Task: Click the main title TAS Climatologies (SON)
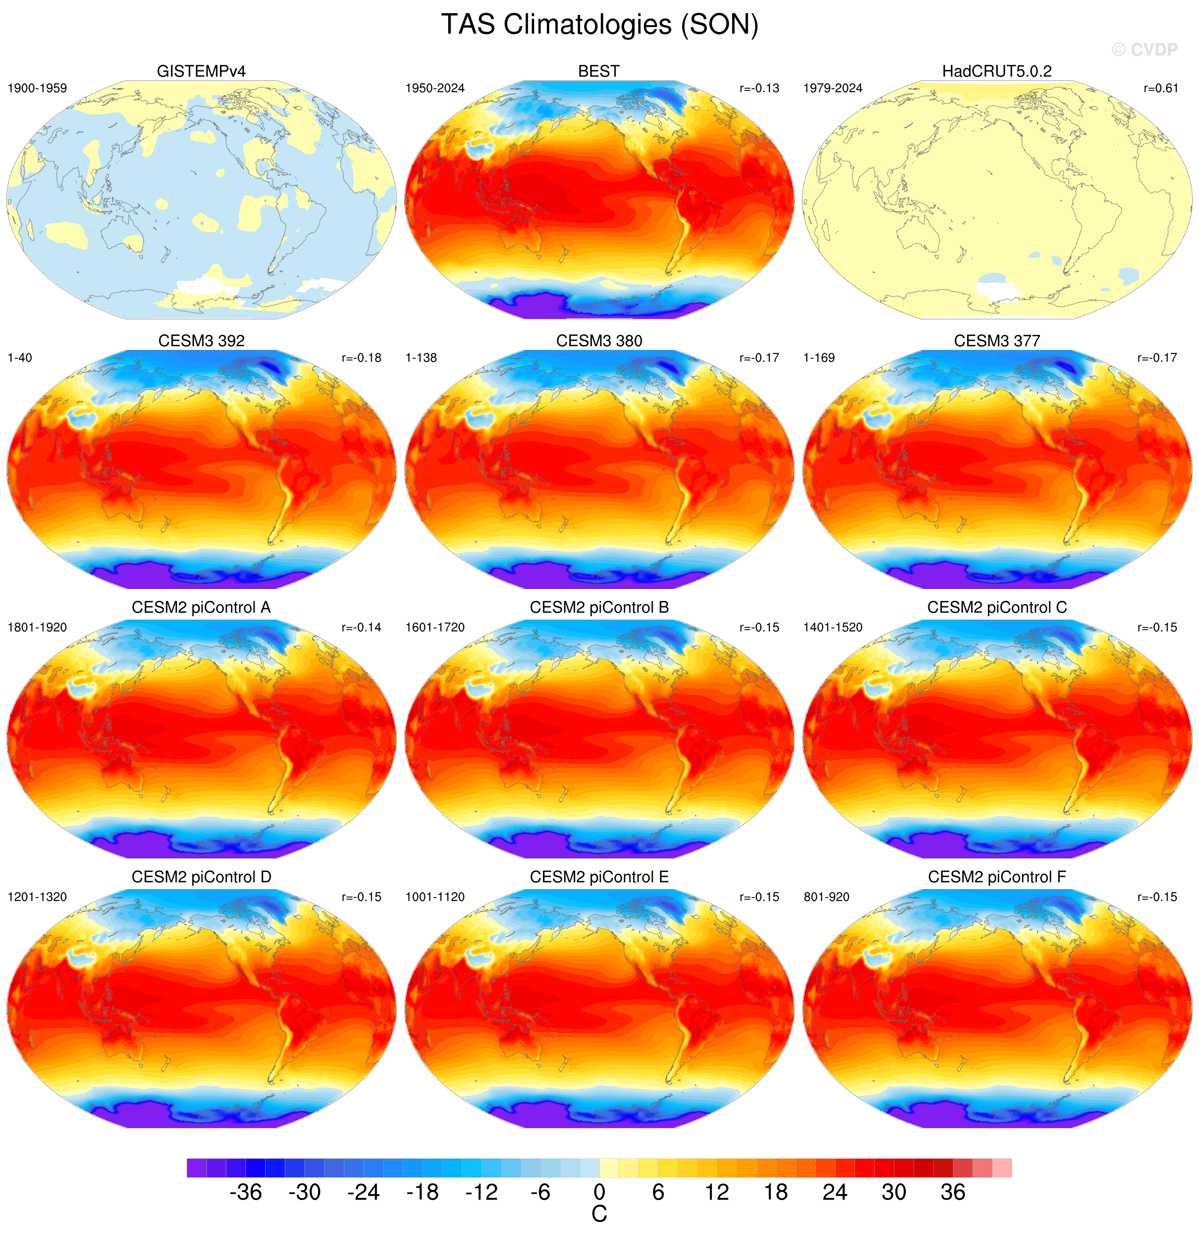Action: (599, 25)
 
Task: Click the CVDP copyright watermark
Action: (1144, 50)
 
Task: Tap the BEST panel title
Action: (599, 71)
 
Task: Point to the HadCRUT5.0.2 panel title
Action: (997, 71)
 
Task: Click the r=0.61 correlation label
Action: (1161, 88)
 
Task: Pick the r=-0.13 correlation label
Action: (759, 88)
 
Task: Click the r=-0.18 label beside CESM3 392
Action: (362, 358)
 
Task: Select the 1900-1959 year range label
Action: (37, 88)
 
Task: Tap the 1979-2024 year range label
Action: (833, 88)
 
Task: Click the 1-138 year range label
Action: (421, 358)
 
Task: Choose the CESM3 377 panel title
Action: (997, 341)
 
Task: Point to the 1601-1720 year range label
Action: (435, 628)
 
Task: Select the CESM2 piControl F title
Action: (997, 877)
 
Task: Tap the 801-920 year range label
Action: (827, 897)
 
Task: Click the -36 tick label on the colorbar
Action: (246, 1192)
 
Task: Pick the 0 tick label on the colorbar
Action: (599, 1192)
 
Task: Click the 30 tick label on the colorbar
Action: (894, 1192)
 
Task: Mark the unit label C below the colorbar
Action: (599, 1214)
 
